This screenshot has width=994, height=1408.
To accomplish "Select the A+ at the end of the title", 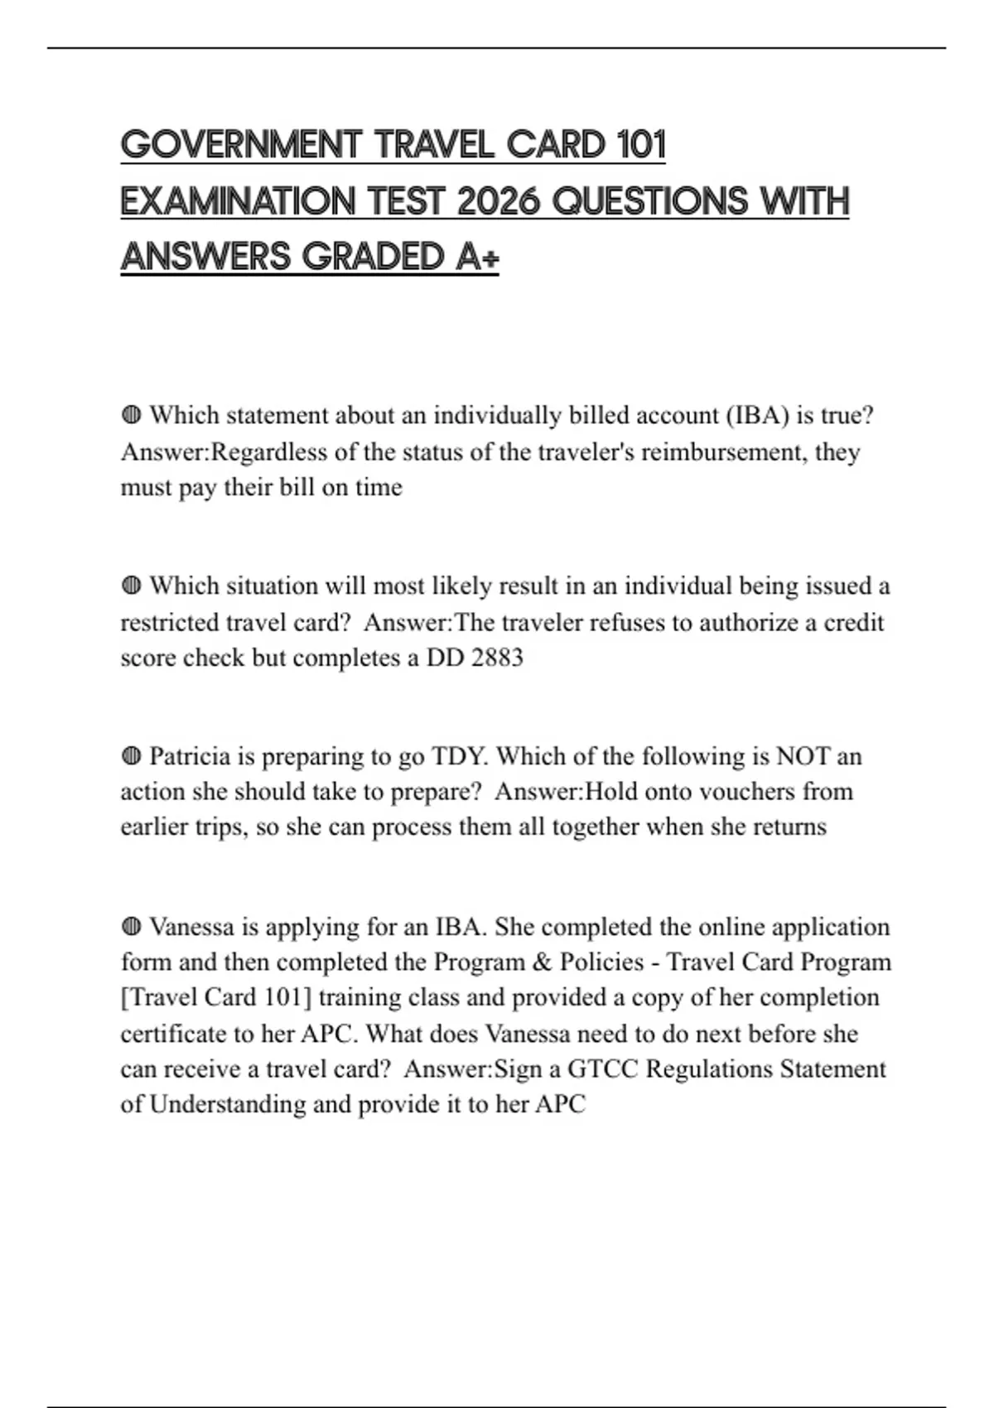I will point(477,257).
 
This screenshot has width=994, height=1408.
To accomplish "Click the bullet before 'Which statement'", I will point(131,415).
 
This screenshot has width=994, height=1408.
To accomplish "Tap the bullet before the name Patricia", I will point(131,756).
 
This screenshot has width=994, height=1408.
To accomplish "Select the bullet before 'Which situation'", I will point(131,586).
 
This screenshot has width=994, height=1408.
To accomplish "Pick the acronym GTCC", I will point(602,1069).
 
